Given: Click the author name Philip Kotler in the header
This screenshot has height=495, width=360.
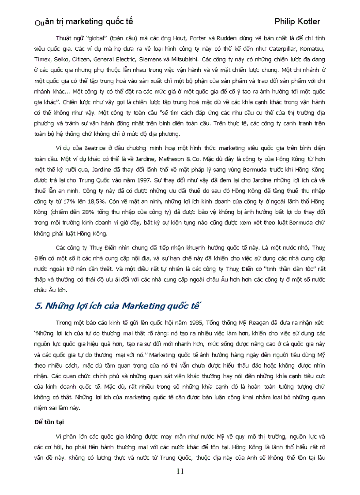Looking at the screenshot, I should [297, 21].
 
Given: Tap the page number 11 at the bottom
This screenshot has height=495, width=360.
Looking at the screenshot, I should [180, 471].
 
